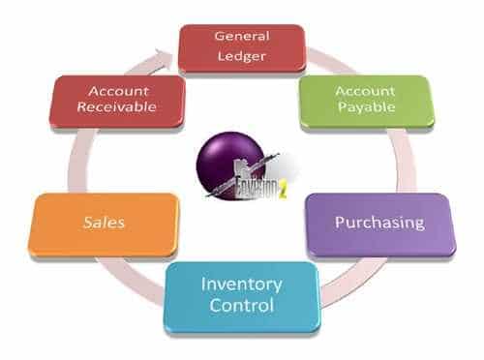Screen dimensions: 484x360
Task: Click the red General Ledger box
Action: pos(242,45)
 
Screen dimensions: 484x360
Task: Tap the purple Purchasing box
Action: pos(379,223)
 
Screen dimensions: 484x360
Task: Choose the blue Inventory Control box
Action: pos(241,295)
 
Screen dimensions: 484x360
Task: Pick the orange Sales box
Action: pos(105,224)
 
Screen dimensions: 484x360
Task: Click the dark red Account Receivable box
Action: pos(117,100)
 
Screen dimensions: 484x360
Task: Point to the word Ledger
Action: pos(242,54)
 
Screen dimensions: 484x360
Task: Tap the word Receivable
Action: pos(117,109)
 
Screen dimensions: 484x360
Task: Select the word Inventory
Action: pos(242,285)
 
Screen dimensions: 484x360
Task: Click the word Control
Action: pos(242,307)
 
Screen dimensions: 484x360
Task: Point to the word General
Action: pos(242,35)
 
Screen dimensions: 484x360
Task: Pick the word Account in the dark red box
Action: pos(117,90)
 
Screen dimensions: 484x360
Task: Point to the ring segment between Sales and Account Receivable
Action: pos(76,160)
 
